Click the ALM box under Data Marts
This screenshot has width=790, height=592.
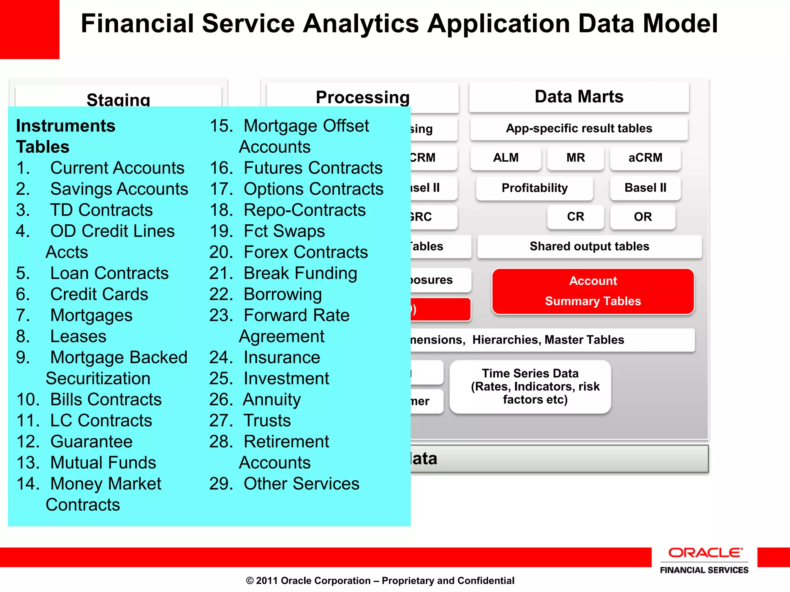(506, 158)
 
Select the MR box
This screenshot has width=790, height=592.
(575, 158)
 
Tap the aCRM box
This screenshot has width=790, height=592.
(645, 158)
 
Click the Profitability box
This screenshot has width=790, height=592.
(534, 188)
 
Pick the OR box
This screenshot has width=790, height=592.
(643, 217)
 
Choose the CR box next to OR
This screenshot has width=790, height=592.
(575, 217)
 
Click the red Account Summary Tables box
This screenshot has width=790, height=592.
(593, 291)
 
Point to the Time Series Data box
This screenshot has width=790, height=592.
(530, 387)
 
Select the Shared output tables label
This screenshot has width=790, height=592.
(589, 246)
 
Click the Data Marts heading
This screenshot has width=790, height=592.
(579, 97)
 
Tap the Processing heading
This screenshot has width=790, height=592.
(362, 98)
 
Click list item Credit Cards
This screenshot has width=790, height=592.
(99, 294)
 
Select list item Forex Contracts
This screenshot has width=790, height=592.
(306, 252)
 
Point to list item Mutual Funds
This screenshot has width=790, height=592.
(103, 462)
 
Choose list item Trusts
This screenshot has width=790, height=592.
(267, 420)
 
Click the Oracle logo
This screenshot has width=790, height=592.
(704, 553)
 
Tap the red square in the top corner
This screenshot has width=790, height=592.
(29, 29)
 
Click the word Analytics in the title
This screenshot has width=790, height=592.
(361, 24)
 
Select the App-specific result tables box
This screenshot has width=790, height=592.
(579, 128)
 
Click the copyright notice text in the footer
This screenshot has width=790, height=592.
(380, 580)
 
